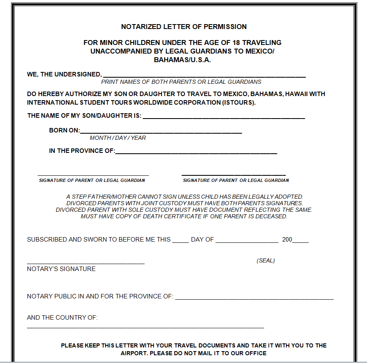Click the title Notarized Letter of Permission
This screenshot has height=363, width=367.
coord(184,27)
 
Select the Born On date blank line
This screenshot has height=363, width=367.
coord(161,133)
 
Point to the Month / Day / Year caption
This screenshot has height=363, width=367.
coord(118,138)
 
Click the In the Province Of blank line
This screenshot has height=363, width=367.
coord(196,153)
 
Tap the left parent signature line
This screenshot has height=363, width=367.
coord(93,175)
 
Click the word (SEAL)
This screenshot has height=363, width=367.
coord(266,260)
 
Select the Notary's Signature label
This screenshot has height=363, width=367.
coord(61,269)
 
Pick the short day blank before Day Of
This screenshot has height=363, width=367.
coord(180,242)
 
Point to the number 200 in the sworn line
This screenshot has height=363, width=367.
coord(287,240)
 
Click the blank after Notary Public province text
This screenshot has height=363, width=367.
coord(254,299)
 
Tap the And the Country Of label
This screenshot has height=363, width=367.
coord(62,318)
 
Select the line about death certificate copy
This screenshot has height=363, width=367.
coord(184,216)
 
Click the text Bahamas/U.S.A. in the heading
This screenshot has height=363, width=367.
coord(182,59)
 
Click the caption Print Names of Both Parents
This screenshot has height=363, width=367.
coord(187,82)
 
